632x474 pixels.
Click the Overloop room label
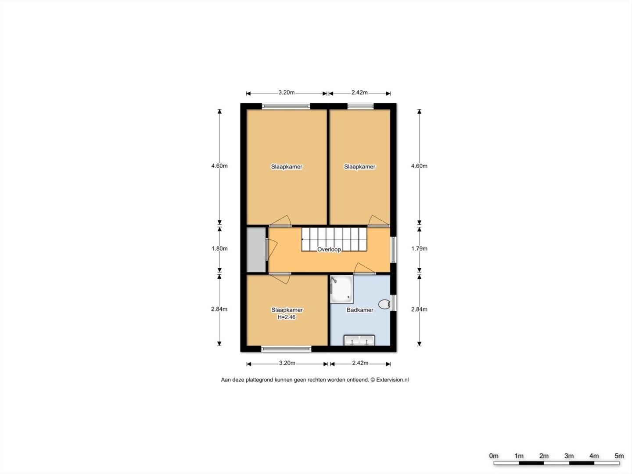coord(329,250)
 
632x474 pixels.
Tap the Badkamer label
coord(360,310)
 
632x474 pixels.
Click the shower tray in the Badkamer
coord(341,289)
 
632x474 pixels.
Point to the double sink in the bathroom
coord(359,341)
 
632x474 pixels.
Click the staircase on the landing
coord(334,239)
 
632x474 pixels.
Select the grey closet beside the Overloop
coord(256,250)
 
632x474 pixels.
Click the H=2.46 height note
coord(287,317)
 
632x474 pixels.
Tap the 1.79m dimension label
coord(419,249)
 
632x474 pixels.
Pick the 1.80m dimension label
coord(219,249)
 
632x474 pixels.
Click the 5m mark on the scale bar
coord(619,456)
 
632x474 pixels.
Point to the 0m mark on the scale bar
coord(494,456)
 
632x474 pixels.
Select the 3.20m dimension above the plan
coord(287,93)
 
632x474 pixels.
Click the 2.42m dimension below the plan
coord(360,363)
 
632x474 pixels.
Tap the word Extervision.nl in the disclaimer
coord(392,380)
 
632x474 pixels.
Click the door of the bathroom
coord(365,268)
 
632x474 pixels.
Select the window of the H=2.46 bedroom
coord(286,349)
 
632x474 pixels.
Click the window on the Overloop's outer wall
coord(393,250)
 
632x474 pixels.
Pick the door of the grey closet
coord(272,250)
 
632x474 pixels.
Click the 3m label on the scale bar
coord(569,456)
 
